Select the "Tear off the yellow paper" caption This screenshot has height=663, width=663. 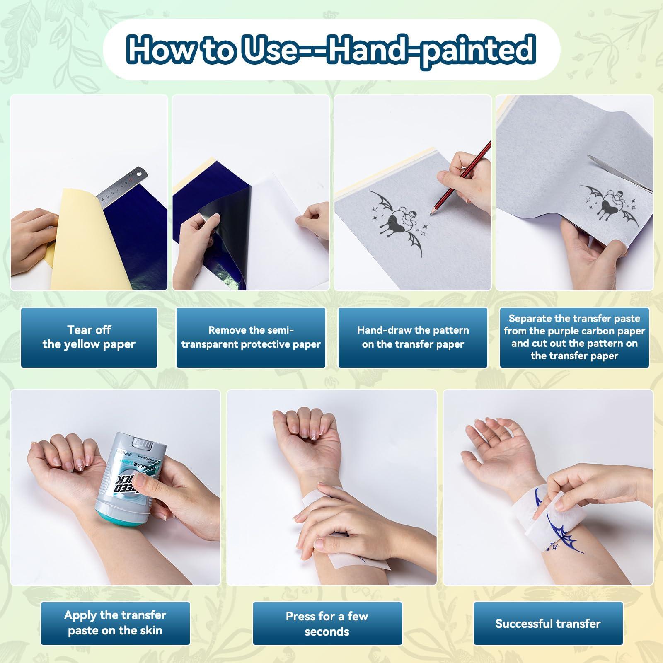click(x=89, y=337)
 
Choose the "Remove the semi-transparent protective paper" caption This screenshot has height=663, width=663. click(x=251, y=337)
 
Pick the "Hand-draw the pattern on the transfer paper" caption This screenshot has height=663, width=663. click(x=413, y=337)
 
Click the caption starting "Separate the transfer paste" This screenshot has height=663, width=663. click(x=574, y=337)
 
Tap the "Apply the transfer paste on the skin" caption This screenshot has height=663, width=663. click(x=115, y=623)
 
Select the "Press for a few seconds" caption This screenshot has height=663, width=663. click(x=327, y=624)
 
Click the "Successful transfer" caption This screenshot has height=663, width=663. click(x=548, y=623)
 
